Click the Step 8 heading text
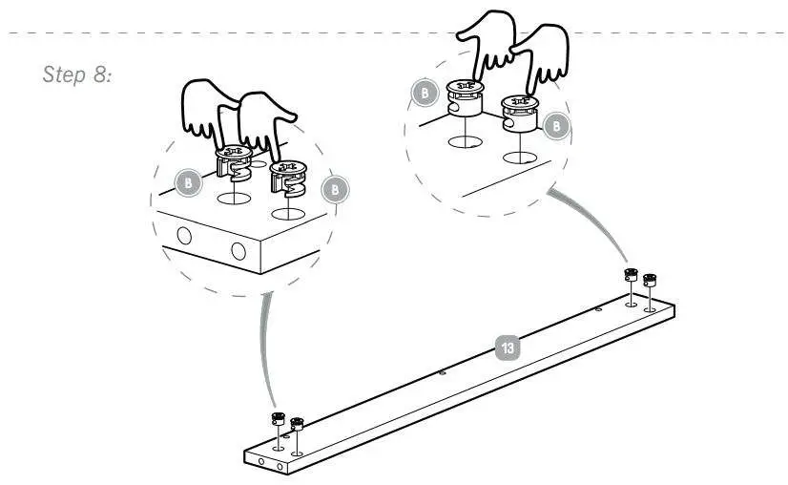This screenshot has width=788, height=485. point(78,75)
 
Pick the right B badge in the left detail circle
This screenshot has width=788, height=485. point(335,190)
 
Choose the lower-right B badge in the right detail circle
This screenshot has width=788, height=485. point(559,124)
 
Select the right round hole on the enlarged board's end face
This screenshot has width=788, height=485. point(238,252)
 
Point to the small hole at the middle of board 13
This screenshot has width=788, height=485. point(443,373)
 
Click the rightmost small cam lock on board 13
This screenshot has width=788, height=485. point(650,281)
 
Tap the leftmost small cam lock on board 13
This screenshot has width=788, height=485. point(278,419)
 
